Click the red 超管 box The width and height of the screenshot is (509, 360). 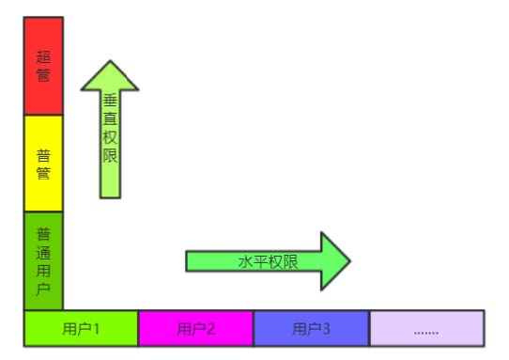43,66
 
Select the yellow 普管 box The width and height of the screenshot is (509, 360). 43,164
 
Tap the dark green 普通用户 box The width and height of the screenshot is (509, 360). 43,260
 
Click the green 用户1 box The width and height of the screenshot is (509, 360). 81,329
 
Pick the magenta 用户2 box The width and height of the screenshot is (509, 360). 195,329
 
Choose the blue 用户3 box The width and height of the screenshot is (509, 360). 311,329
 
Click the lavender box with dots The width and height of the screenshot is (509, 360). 426,329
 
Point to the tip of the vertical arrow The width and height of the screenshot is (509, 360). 110,63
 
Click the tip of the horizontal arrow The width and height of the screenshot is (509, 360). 349,261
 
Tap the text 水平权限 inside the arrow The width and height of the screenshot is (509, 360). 268,262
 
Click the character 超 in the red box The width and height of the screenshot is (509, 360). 43,56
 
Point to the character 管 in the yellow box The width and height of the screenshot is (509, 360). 43,174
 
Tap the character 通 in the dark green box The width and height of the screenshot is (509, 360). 43,251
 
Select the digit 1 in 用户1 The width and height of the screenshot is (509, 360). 97,329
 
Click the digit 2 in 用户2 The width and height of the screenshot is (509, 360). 211,329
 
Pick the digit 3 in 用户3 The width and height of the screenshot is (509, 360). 327,329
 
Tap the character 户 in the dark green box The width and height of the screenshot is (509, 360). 43,289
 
